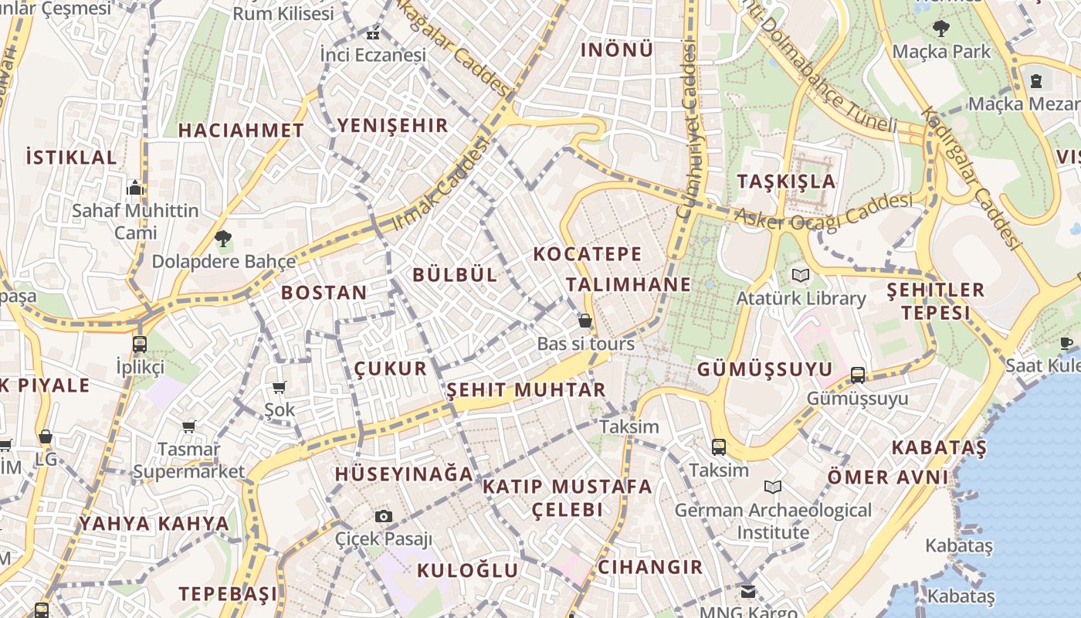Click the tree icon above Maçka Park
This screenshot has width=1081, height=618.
coord(940,29)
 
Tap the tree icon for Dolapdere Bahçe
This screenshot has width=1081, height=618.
coord(223,239)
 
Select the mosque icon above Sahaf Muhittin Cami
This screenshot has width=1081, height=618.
coord(136,188)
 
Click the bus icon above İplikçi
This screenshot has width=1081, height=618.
coord(140,345)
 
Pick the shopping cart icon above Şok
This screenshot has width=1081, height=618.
coord(279,387)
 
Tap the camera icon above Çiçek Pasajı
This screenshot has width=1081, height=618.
coord(384,516)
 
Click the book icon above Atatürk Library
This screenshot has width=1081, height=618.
coord(801,275)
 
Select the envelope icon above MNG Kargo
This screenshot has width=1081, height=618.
coord(748,592)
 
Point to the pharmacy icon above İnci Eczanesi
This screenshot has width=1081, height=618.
coord(373,34)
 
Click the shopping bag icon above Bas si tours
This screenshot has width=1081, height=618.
coord(585,321)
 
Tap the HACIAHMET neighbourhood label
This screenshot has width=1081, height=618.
coord(241,131)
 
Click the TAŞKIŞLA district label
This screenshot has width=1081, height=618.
coord(786,182)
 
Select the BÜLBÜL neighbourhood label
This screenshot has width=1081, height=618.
coord(455,275)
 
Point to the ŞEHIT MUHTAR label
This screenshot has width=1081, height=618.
coord(526,390)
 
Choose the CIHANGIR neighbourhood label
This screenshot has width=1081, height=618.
coord(650,567)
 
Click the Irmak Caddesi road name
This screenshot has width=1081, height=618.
coord(442,184)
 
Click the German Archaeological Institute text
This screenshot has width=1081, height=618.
coord(773,521)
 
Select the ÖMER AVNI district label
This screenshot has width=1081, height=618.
coord(887,477)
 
